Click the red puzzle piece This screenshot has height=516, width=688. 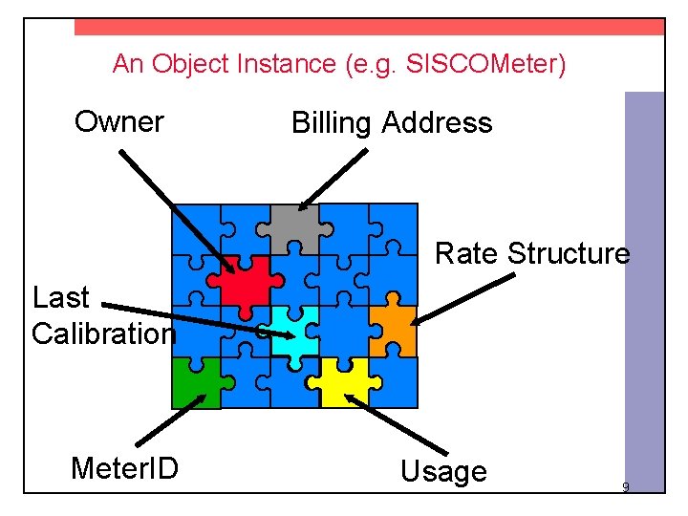click(245, 281)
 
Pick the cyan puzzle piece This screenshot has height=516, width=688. click(294, 331)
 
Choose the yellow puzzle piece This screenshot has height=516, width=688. click(344, 381)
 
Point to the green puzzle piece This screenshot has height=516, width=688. click(195, 383)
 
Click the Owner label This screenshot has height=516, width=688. click(119, 122)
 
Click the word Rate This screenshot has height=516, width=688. click(467, 254)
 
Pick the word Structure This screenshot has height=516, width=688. click(569, 254)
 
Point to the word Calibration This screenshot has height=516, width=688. click(103, 333)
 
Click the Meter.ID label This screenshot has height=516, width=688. click(124, 468)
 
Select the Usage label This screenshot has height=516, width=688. click(443, 471)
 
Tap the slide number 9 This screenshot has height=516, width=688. click(625, 488)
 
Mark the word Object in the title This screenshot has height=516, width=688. click(183, 65)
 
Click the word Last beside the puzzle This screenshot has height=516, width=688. click(60, 298)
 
